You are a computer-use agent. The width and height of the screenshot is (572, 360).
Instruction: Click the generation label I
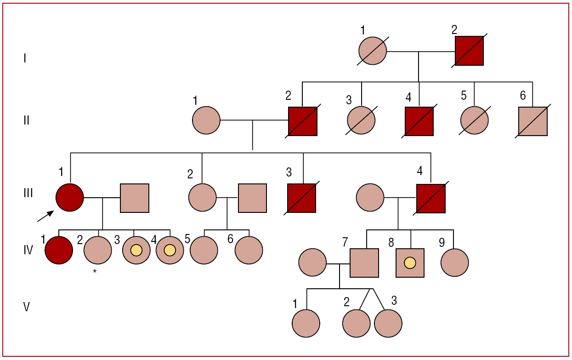point(25,58)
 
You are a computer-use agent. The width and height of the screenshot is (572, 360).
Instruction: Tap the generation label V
point(27,307)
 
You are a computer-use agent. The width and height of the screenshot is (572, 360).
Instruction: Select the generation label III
point(28,193)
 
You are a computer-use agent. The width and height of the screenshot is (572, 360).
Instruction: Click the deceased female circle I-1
point(373,51)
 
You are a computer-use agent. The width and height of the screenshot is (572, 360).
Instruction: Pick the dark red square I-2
point(469,51)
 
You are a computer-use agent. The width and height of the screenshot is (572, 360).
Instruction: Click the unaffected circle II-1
point(206,120)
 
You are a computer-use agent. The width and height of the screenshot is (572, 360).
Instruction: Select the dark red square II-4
point(419,121)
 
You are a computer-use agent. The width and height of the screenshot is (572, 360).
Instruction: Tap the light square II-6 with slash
point(533,121)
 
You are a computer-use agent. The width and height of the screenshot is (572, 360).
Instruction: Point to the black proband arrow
point(45,215)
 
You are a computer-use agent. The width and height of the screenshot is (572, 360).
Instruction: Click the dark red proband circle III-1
point(70,198)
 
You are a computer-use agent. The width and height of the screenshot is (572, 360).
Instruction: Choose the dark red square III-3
point(302,198)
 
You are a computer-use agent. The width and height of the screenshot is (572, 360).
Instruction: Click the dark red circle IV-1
point(59,251)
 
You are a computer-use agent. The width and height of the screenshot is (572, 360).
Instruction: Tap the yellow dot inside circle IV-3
point(136,251)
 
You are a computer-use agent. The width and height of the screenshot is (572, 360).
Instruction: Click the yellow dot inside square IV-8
point(410,263)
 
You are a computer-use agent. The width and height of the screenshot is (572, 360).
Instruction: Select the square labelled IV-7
point(364,263)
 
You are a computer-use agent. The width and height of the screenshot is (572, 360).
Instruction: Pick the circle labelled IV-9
point(455,263)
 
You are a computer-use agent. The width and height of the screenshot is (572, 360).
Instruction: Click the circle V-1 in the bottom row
point(306,323)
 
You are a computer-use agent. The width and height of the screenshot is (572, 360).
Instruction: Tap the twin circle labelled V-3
point(388,323)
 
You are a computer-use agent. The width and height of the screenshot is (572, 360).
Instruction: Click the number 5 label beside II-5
point(464,96)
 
